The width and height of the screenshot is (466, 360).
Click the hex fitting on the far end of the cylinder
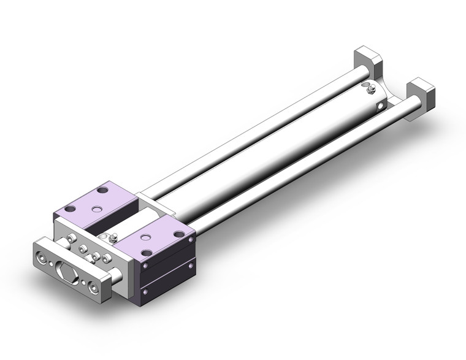point(370,92)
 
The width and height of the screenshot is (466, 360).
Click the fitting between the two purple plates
point(112,237)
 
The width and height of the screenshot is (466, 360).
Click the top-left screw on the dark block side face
point(145,266)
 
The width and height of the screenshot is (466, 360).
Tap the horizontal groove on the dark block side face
point(169,270)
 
